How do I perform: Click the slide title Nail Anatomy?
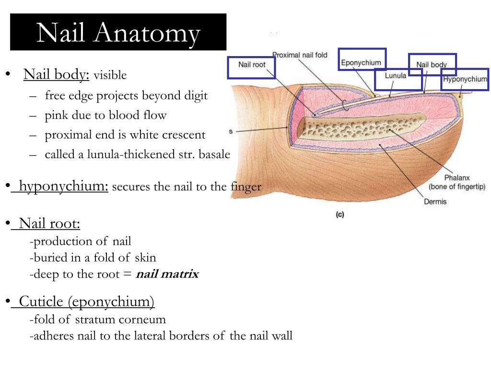118,33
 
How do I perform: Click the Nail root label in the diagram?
252,65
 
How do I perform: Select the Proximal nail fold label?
300,55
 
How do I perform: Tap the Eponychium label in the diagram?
361,63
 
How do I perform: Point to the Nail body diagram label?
432,65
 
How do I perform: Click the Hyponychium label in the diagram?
465,79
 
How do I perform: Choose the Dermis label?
435,202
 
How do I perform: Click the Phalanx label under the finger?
457,178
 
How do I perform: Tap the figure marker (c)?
340,214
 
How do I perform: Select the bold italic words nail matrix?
167,274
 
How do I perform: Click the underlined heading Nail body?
57,74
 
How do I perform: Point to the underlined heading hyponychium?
64,186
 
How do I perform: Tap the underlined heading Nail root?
49,223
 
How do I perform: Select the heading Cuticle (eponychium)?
86,302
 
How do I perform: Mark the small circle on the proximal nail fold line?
345,105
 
